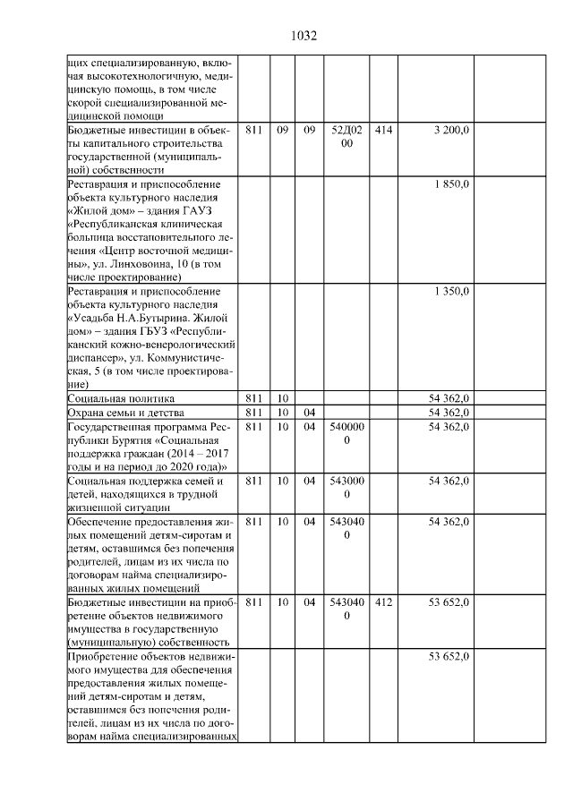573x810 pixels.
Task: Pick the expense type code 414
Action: tap(382, 131)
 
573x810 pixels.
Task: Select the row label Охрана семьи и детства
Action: tap(125, 413)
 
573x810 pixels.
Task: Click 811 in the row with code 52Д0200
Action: tap(253, 131)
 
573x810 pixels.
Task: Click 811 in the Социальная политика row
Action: tap(253, 398)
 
